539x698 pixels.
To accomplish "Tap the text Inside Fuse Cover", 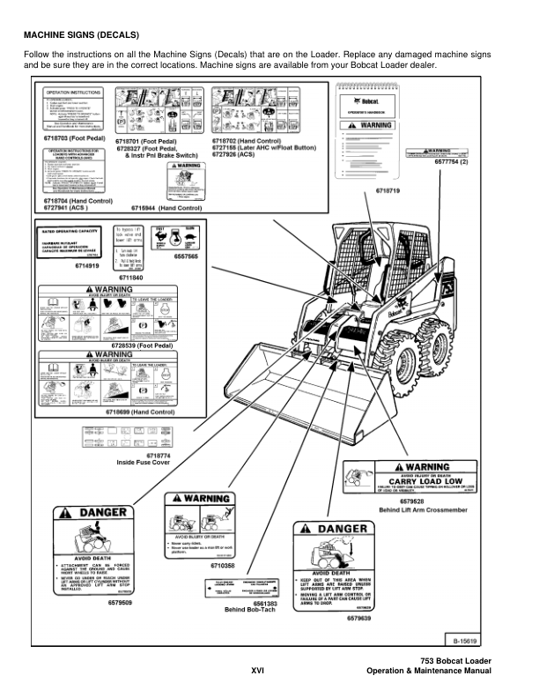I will [144, 462].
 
